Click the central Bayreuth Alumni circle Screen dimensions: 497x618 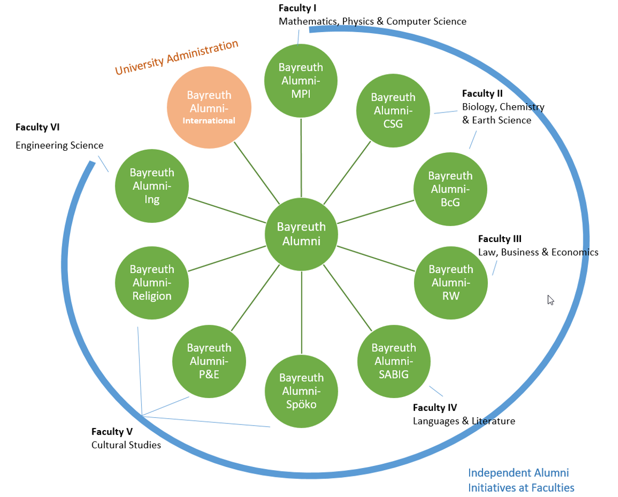coord(301,234)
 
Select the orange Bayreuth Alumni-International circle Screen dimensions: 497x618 coord(209,108)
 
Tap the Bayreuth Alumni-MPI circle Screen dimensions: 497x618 coord(301,80)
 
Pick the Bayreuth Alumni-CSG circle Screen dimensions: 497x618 coord(393,110)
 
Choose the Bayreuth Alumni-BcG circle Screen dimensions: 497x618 coord(450,189)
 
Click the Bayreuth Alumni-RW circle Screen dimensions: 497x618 coord(451,282)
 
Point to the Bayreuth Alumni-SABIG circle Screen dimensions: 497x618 coord(394,361)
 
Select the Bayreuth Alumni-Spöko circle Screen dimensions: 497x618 coord(301,391)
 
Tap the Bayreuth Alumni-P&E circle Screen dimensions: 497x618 coord(209,361)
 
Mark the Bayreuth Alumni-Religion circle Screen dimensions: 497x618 coord(152,282)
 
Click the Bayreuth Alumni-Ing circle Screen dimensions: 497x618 coord(152,186)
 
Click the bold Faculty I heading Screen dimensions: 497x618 coord(297,8)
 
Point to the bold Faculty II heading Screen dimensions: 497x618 coord(483,94)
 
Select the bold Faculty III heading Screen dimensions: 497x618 coord(500,239)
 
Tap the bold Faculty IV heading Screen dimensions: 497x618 coord(435,407)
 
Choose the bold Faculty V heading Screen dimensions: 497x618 coord(112,431)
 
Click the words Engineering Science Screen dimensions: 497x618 coord(59,146)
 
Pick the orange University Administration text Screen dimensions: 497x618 coord(177,57)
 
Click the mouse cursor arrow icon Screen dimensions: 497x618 coord(551,300)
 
